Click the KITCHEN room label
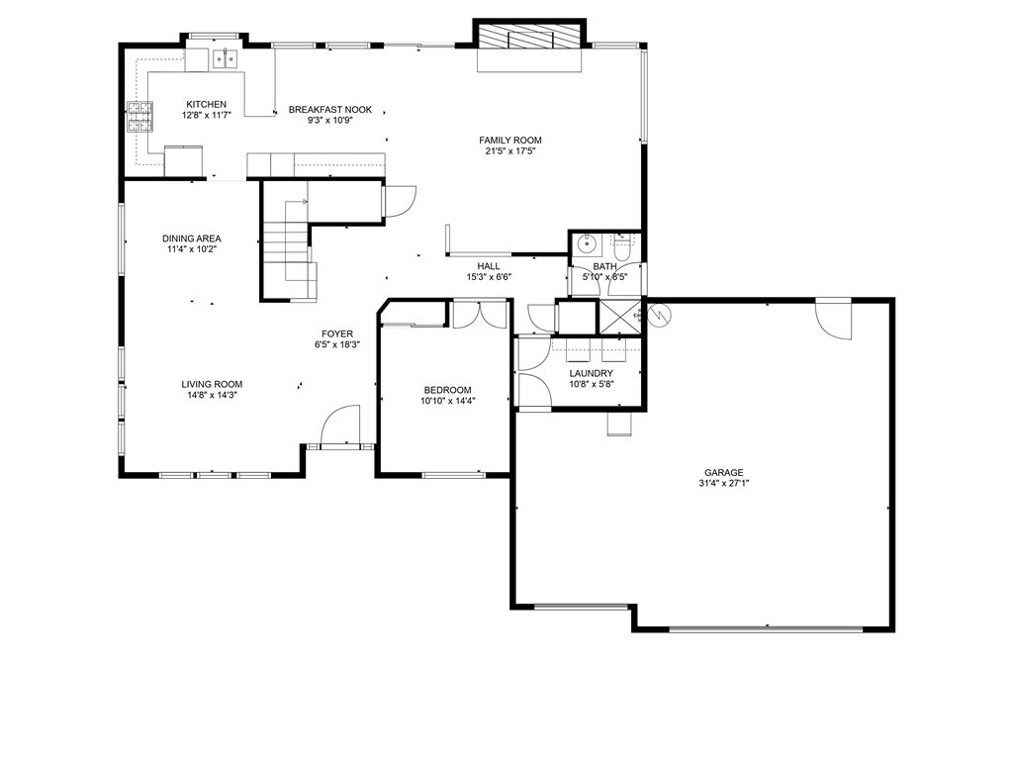(206, 104)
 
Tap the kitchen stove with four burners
(138, 117)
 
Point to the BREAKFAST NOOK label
(330, 110)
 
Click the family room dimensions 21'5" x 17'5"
(510, 151)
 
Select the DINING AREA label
(192, 238)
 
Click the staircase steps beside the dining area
(287, 242)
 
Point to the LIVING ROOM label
(212, 384)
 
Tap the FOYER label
(336, 333)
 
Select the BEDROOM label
(447, 390)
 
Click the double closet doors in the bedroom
(479, 314)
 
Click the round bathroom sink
(587, 243)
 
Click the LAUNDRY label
(592, 373)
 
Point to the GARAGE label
(724, 472)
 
